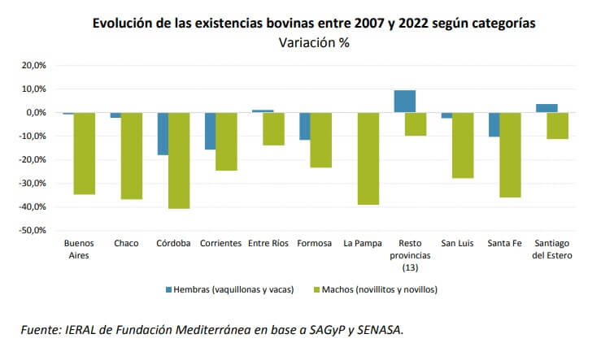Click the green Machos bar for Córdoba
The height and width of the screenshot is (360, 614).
tap(179, 160)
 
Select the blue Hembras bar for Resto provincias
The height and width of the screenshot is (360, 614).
tap(404, 102)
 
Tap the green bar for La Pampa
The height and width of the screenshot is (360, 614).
tap(368, 158)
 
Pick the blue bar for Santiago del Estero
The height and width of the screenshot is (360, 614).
tap(547, 108)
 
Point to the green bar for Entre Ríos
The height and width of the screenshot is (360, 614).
tap(273, 128)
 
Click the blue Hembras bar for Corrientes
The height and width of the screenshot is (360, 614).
tap(210, 131)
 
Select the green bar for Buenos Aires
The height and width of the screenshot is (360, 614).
tap(85, 154)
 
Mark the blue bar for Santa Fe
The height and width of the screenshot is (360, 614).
tap(494, 124)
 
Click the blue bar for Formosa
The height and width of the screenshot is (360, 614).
tap(304, 126)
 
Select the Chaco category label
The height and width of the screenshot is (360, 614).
tap(126, 243)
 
